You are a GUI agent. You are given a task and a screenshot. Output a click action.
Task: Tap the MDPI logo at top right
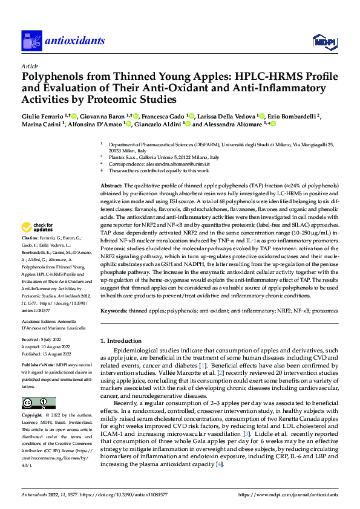322,41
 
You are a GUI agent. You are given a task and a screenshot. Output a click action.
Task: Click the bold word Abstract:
112,186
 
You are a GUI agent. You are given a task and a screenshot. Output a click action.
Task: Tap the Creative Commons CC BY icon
39,403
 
